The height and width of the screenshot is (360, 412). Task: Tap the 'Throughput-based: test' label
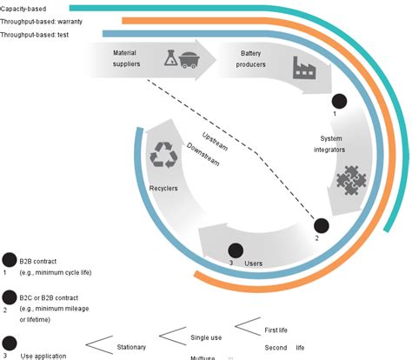(x=36, y=34)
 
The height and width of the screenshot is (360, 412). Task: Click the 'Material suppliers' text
(x=125, y=58)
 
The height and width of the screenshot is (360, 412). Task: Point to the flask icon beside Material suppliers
(x=171, y=58)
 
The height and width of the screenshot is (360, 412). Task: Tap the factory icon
(x=304, y=69)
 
